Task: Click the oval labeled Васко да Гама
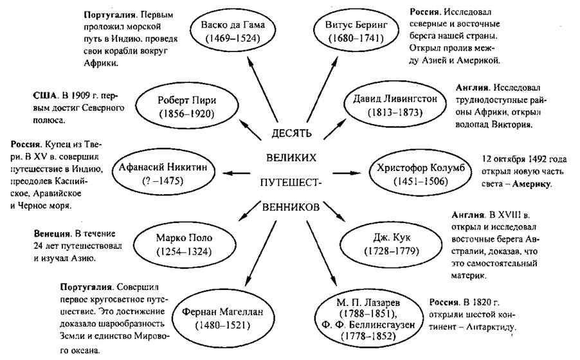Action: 233,32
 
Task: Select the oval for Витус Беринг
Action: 356,32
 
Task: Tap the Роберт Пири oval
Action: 186,106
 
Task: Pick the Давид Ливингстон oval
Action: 395,105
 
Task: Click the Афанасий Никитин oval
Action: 163,174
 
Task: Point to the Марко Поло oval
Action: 184,244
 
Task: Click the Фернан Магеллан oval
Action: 222,319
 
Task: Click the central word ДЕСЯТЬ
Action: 291,133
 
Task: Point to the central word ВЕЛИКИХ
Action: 291,158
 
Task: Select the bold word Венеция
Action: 52,233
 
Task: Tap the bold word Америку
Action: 532,184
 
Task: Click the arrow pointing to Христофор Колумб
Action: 347,173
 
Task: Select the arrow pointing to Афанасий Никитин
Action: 237,173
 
